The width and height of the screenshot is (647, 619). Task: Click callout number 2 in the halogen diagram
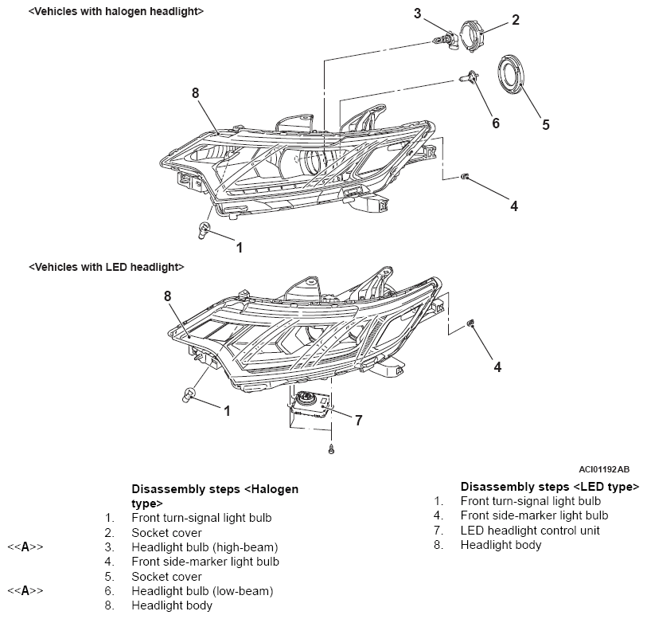(516, 20)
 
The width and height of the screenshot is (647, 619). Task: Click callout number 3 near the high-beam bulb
(418, 14)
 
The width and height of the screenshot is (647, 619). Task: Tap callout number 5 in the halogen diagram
(545, 125)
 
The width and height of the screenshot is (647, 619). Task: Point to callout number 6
(496, 123)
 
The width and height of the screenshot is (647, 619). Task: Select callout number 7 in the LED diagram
(359, 421)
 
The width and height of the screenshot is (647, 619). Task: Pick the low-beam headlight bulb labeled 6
(469, 76)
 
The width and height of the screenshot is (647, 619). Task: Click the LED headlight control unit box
(310, 403)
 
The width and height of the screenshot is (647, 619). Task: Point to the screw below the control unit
(330, 449)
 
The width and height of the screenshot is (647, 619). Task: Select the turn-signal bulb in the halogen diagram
(205, 229)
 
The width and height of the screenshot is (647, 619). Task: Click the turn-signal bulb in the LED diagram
(189, 395)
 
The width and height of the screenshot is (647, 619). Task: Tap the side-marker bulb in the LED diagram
(470, 323)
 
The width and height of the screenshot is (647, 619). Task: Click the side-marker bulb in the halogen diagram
(465, 177)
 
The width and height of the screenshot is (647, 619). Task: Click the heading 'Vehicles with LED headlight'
(107, 267)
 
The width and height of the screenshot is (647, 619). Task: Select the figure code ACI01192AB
(604, 469)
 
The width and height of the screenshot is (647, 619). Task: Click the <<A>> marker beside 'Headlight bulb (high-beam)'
(25, 547)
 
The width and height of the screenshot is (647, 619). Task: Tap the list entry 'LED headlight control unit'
(530, 531)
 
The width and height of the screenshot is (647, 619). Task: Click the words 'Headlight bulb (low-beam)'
(202, 591)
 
